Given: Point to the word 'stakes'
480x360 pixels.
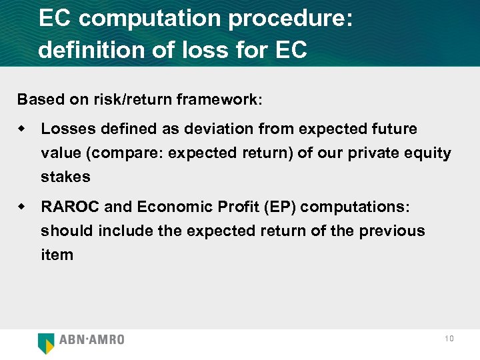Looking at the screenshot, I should [x=65, y=177].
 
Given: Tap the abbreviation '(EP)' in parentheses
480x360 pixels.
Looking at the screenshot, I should [x=280, y=207].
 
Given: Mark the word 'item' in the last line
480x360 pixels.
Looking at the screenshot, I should [x=57, y=255].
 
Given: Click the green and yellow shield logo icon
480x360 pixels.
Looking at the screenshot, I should [x=47, y=343].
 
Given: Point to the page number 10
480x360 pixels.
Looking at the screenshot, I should [x=449, y=339].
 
